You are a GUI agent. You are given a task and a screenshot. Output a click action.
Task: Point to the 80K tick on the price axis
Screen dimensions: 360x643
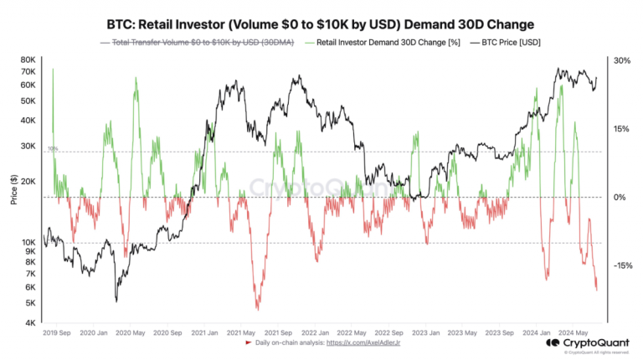[28, 60]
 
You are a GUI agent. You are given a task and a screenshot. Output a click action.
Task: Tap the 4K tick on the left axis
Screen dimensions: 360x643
[30, 322]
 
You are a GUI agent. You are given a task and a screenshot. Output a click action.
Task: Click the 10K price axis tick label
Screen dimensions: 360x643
[28, 243]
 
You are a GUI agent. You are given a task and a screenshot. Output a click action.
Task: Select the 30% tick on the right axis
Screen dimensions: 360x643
[621, 60]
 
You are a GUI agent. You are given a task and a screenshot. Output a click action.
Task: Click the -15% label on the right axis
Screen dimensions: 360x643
[621, 265]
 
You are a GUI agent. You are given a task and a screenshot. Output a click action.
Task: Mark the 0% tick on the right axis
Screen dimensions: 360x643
[620, 198]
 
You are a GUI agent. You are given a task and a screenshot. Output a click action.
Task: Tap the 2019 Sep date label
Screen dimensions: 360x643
[57, 332]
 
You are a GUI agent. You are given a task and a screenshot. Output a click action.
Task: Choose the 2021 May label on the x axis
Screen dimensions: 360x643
[240, 332]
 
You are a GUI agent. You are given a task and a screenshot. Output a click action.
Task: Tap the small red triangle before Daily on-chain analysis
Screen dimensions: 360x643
[249, 343]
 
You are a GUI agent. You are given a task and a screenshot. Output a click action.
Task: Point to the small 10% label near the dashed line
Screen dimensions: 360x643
[52, 148]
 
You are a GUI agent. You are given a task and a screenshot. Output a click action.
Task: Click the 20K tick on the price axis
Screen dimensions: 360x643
[28, 182]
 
